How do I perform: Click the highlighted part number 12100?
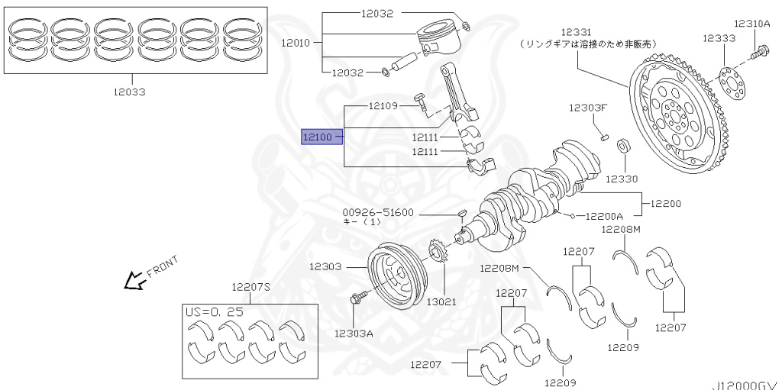click(x=317, y=137)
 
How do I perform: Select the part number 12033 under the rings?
click(x=129, y=92)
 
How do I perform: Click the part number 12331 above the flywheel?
click(x=577, y=32)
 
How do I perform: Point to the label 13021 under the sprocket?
click(x=441, y=301)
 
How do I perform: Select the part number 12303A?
click(x=354, y=333)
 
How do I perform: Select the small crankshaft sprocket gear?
click(x=438, y=253)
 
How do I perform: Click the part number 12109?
click(x=383, y=105)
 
